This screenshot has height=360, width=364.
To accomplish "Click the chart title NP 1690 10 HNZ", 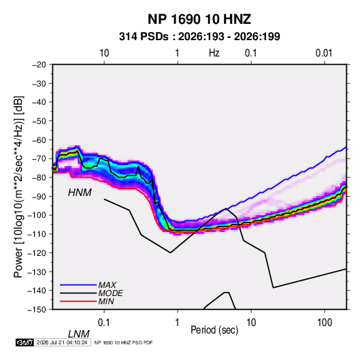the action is point(199,19).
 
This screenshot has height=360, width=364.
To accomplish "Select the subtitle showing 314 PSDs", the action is point(199,37).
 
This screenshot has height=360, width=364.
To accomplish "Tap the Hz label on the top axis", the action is point(214,53).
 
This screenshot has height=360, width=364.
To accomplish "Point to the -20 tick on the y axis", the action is point(39,65).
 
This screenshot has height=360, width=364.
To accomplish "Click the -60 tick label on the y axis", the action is point(39,140).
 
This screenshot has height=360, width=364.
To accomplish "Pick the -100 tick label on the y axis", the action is point(37,215).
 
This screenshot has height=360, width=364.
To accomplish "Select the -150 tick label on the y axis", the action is point(37,310).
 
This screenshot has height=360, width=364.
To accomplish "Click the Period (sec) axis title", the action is point(214,330).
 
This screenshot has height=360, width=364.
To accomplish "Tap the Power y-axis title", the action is point(18,187).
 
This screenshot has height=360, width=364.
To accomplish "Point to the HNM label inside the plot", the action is point(80,193).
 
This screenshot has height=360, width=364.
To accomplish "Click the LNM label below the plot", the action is point(78,334).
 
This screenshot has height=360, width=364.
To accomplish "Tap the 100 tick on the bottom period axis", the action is point(325,322).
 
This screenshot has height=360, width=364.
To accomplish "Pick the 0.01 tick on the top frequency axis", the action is point(324,53).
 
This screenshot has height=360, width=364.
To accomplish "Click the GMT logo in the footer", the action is point(24,342).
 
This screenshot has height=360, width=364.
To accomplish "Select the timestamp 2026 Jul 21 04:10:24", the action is point(62,342).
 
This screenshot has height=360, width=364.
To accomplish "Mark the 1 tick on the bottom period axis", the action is point(178,322).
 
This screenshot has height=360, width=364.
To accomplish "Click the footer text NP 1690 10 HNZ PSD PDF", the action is point(124,342).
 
